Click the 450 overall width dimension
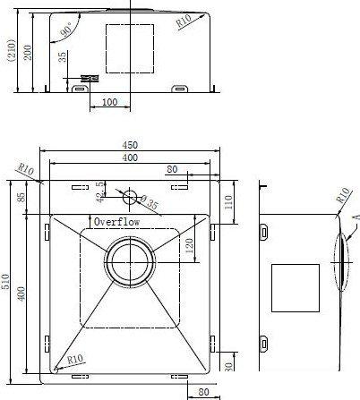[130, 145]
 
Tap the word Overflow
[116, 222]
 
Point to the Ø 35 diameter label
[149, 202]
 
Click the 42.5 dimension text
[100, 192]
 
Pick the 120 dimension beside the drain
[190, 246]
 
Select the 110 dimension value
[228, 202]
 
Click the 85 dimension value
[21, 197]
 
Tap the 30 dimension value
[228, 367]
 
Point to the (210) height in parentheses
[12, 50]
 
